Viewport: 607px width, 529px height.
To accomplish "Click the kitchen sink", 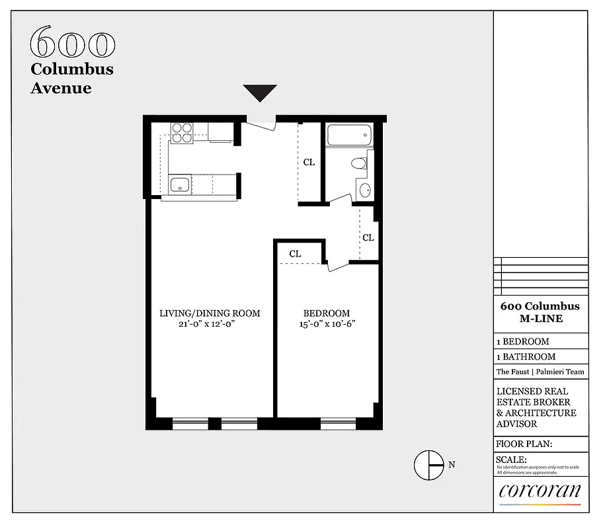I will click(179, 185).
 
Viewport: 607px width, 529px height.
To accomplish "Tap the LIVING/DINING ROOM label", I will click(210, 313).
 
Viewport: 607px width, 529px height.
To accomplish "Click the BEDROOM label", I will click(326, 313).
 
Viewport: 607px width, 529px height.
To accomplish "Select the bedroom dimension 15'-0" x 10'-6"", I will click(327, 324).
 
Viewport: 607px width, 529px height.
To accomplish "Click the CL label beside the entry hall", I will click(309, 162).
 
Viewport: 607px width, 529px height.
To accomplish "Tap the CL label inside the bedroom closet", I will click(295, 253).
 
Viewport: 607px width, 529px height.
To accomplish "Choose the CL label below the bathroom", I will click(368, 237).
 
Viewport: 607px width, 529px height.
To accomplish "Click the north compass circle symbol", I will click(428, 464).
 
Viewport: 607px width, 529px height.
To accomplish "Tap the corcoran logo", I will click(540, 491).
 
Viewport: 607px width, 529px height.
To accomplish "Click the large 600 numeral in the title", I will click(73, 44).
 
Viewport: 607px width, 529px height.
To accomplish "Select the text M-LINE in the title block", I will click(540, 319).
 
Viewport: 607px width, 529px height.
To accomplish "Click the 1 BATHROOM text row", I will click(526, 357).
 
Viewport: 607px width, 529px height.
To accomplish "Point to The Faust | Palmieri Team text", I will click(540, 372).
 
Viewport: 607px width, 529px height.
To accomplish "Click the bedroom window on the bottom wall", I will click(338, 423).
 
